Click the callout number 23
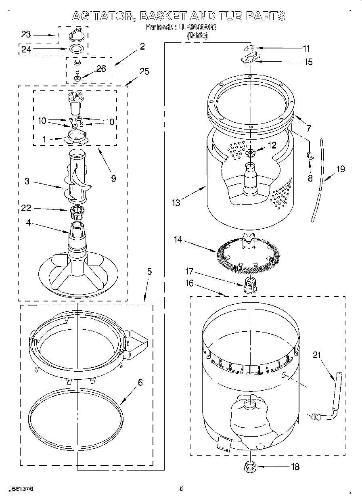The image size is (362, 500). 26,35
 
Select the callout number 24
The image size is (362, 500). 26,50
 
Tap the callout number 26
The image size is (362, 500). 101,69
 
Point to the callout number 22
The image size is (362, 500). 26,208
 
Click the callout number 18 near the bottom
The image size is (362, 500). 295,467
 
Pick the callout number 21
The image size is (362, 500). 318,355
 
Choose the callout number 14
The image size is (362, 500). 178,240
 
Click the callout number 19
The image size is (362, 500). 341,169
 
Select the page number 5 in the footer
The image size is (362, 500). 181,489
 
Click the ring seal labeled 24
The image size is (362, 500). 77,50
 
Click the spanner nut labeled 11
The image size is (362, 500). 250,49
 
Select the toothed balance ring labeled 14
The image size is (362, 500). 249,254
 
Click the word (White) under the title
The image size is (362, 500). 197,36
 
